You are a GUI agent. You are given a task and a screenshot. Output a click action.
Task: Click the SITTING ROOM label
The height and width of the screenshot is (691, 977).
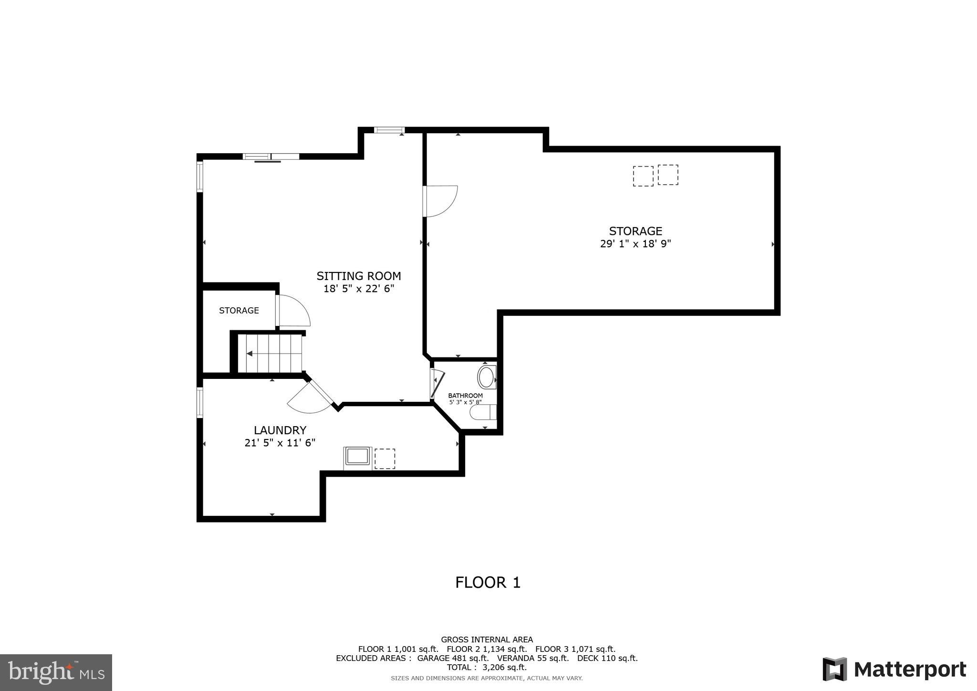[x=358, y=276]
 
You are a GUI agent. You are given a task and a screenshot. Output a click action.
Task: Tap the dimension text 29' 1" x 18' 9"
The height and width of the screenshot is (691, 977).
[x=635, y=244]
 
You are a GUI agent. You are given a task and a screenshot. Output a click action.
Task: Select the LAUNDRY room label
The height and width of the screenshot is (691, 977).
[x=280, y=430]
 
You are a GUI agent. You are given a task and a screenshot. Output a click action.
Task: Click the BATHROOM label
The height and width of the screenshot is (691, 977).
[x=465, y=396]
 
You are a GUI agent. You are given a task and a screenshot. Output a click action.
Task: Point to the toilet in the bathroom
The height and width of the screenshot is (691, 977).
[x=483, y=412]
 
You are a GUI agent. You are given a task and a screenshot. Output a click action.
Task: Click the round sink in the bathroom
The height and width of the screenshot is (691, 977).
[x=486, y=377]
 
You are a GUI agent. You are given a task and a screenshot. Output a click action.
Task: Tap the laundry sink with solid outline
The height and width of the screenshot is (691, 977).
[x=358, y=457]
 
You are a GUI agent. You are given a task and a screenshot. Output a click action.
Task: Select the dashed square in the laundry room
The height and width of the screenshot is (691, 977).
[x=385, y=459]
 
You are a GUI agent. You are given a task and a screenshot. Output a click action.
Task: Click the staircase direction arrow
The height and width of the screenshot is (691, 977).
[x=249, y=354]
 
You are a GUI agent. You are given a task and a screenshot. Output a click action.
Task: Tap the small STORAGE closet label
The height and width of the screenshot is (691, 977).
[x=239, y=311]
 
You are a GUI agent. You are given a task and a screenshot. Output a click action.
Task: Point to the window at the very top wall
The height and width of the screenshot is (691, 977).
[x=389, y=130]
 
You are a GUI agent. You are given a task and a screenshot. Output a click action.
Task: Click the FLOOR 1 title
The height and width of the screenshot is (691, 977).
[x=488, y=583]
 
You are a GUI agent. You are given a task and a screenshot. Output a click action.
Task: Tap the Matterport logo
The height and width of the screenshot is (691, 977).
[x=894, y=670]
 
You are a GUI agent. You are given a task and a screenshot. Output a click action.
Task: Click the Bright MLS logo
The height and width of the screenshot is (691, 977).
[x=56, y=673]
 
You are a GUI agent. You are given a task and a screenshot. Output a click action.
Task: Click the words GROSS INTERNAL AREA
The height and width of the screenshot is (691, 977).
[x=487, y=639]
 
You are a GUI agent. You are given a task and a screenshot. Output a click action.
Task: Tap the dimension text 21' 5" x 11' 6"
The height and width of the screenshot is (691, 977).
[x=280, y=443]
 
